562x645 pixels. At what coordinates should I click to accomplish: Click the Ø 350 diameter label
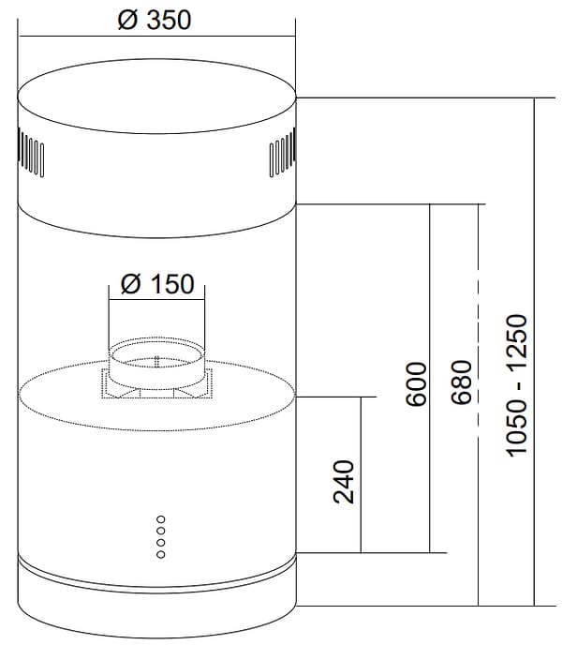point(155,20)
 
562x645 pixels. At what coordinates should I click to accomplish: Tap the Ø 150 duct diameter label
point(157,284)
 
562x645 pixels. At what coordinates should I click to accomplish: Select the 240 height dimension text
point(344,482)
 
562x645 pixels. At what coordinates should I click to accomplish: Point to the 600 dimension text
point(417,383)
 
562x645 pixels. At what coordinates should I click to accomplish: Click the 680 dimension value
point(462,382)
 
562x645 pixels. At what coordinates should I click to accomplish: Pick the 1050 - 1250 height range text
point(516,385)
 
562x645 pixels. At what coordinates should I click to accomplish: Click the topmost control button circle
point(161,519)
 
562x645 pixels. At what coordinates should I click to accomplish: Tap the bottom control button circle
point(161,554)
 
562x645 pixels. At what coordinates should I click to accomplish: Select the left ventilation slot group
point(31,152)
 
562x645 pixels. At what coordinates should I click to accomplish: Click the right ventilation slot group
point(283,152)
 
